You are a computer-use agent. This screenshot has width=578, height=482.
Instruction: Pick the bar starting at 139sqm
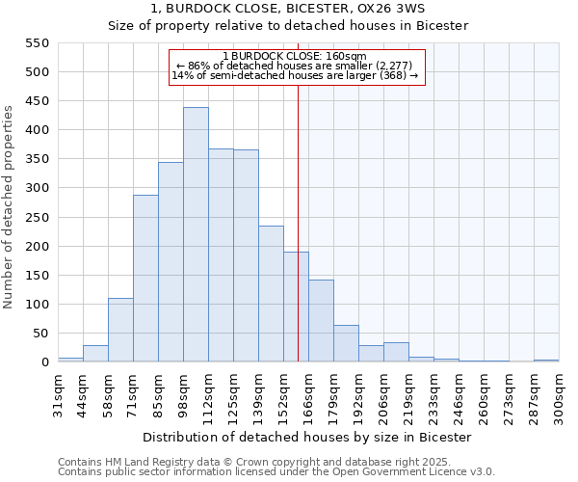pos(271,294)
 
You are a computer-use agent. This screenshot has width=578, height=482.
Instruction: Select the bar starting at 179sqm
pos(346,343)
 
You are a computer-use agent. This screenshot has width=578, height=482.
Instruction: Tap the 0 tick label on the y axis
pos(44,362)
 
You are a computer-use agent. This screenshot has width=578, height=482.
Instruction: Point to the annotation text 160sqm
pos(295,56)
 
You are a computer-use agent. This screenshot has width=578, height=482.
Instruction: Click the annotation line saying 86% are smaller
pos(295,66)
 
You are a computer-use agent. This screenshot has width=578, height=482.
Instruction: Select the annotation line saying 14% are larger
pos(295,75)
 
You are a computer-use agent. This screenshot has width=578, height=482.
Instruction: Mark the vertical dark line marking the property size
pos(298,222)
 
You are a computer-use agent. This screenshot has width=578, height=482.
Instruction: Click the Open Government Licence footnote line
pos(276,471)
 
